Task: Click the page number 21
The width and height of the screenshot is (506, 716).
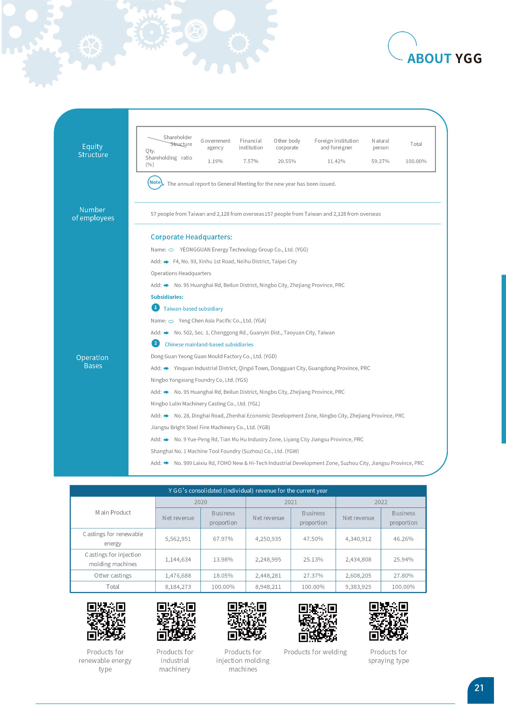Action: pos(479,688)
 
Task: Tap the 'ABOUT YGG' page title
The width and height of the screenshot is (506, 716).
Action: pos(444,59)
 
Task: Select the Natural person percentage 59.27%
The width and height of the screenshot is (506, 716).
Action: pos(380,161)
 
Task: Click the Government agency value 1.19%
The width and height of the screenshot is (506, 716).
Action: pos(215,161)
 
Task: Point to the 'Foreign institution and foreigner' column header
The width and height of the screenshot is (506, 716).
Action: pos(336,144)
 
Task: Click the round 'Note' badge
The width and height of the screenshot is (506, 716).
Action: pos(155,183)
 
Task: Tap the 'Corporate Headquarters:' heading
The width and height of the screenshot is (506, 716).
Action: pos(191,237)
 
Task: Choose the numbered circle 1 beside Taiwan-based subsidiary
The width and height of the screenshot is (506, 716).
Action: pos(155,307)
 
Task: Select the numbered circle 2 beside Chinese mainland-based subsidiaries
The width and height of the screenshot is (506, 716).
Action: pos(155,343)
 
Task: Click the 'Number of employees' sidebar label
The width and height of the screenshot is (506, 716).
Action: pos(93,214)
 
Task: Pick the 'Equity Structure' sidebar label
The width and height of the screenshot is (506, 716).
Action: pos(93,150)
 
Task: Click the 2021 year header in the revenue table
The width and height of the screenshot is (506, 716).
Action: pos(290,502)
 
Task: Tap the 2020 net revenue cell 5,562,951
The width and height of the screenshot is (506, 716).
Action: pos(178,539)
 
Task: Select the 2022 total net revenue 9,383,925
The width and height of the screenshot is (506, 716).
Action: pos(358,587)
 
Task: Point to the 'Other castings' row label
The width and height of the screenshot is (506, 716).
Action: pos(113,575)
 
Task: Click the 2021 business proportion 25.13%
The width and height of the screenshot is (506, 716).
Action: pos(313,559)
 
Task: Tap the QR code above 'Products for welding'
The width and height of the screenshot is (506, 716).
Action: pos(318,622)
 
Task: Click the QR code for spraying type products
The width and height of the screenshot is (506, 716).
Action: pos(388,621)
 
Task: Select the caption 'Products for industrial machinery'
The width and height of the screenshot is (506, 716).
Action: pos(175,661)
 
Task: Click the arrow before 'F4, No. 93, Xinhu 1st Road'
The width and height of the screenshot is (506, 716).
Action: pos(166,262)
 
